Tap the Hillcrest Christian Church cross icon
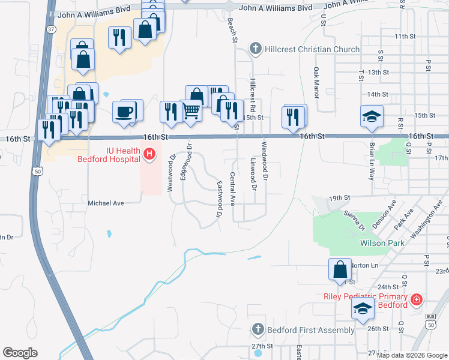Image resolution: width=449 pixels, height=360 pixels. coord(255,49)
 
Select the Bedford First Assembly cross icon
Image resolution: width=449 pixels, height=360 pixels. coord(258,330)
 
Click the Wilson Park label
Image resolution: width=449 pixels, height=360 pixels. coord(382,243)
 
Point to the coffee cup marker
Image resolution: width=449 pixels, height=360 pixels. coord(125,112)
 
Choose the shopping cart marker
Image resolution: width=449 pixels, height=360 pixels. coord(191,110)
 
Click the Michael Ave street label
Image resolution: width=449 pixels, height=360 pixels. coord(106,203)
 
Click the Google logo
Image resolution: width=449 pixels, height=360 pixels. coord(20,353)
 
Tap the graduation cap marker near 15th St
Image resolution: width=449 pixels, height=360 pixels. coord(372,116)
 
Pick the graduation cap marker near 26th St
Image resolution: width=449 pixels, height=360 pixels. coord(362,310)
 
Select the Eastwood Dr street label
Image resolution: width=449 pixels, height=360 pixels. coord(220,199)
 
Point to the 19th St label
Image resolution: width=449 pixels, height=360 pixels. coord(339,197)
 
